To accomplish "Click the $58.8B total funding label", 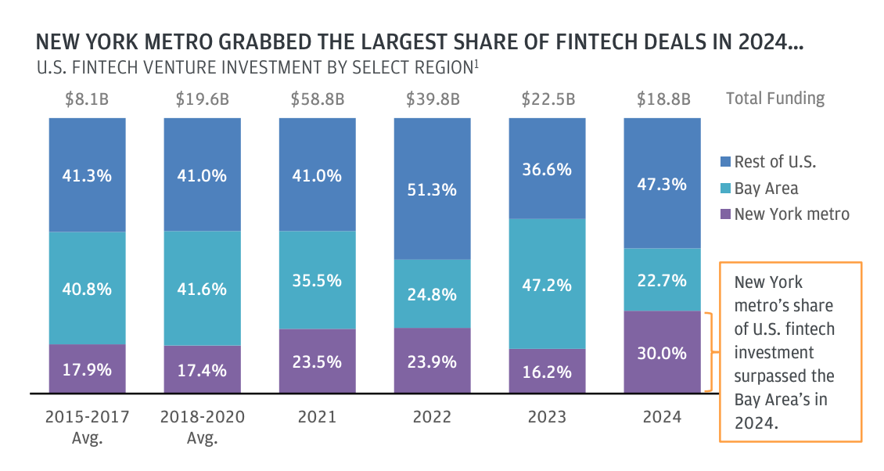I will click(317, 99).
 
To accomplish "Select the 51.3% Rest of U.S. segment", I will click(432, 189).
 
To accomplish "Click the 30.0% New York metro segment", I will click(662, 352).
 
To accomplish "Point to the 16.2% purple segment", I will click(547, 371).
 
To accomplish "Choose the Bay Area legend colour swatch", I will click(724, 189).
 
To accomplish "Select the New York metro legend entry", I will click(791, 214).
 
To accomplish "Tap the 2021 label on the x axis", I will click(317, 416).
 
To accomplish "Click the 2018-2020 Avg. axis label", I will click(202, 426).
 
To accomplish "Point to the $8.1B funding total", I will click(87, 99).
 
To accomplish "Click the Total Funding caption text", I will click(774, 99).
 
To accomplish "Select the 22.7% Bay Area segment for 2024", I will click(662, 279).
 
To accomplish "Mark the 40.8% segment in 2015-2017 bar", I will click(87, 288).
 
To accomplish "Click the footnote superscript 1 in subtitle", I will click(476, 63).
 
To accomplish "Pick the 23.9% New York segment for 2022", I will click(432, 361).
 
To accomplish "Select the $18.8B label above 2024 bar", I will click(662, 99).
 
